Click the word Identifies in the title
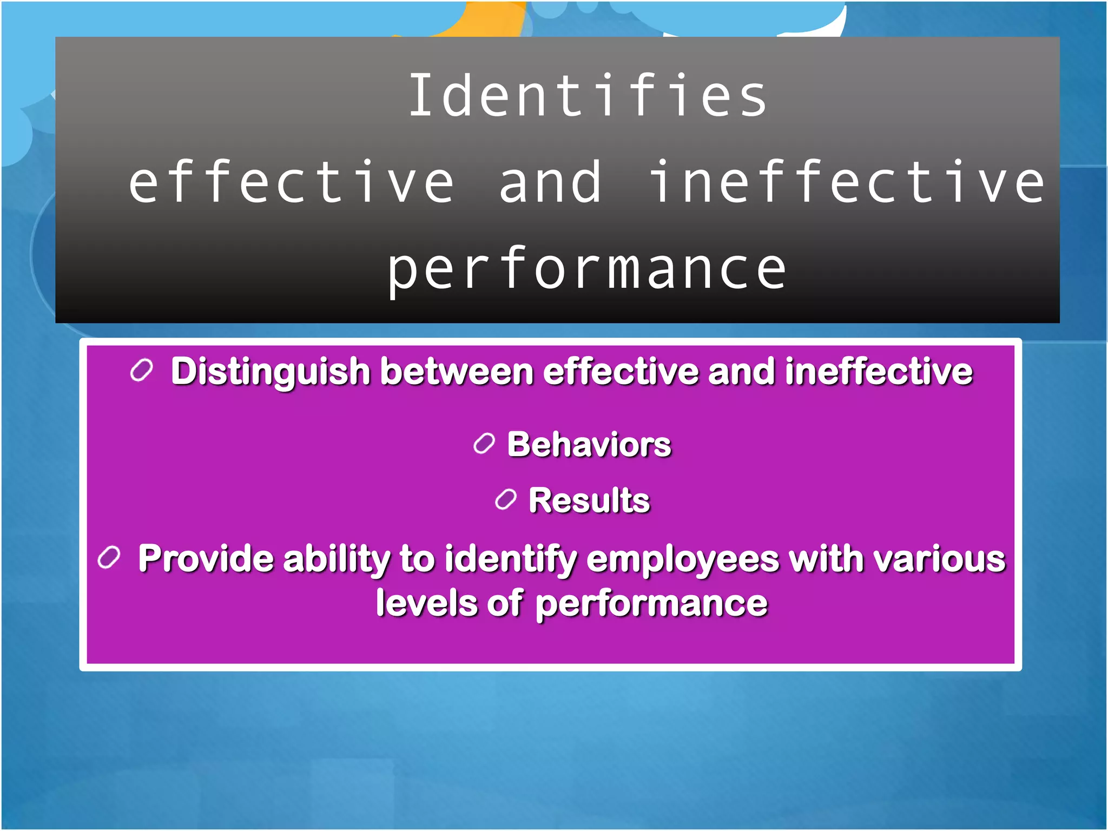[588, 96]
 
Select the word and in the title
[550, 183]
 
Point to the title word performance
[586, 269]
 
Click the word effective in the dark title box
[291, 183]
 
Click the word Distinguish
[270, 372]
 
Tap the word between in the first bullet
[457, 372]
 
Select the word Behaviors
[589, 445]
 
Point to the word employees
[682, 559]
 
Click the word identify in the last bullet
[511, 559]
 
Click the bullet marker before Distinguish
[142, 371]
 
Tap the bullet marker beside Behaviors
[484, 444]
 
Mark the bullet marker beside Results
[505, 499]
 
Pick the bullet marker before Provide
[109, 557]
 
